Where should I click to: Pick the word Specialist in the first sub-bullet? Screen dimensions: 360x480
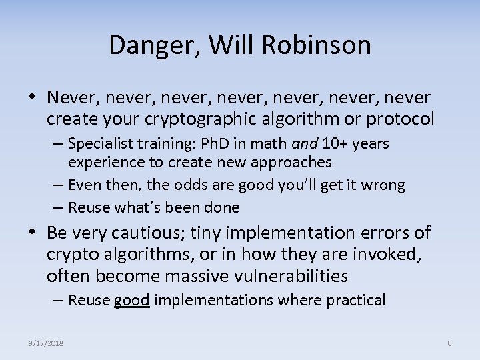(x=101, y=144)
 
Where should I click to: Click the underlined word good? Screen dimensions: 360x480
(x=132, y=301)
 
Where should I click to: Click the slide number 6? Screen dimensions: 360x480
(x=449, y=343)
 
